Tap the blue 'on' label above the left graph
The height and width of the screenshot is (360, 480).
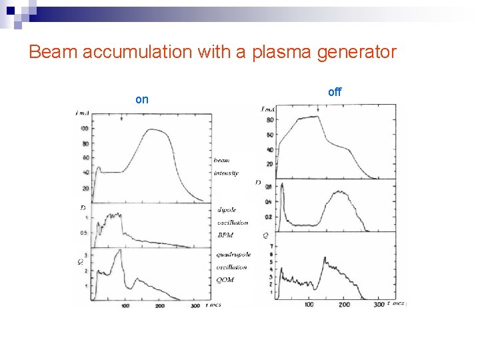(142, 99)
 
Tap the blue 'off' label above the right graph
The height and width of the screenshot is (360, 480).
(335, 92)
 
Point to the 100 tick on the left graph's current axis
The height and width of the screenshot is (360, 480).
(85, 128)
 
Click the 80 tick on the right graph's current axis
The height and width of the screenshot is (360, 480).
(269, 120)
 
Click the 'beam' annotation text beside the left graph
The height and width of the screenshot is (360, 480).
(223, 161)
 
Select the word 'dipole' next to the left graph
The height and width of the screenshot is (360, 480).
(227, 210)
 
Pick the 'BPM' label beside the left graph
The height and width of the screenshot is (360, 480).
(225, 235)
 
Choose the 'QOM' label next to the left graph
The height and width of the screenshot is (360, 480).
(225, 280)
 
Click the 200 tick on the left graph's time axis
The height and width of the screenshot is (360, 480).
(159, 305)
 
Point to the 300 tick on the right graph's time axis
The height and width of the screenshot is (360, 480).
(379, 305)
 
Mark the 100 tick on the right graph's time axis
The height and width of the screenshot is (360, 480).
(309, 305)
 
